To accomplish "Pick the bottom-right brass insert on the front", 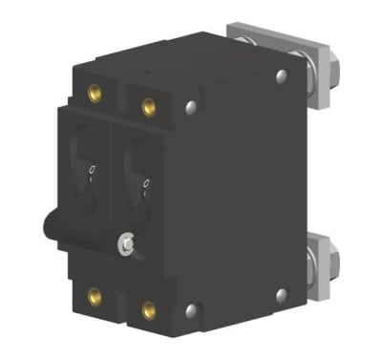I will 149,309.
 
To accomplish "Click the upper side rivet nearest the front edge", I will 192,107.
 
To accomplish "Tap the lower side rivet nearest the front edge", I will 192,308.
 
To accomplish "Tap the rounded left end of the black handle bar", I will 48,229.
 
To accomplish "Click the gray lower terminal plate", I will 334,267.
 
